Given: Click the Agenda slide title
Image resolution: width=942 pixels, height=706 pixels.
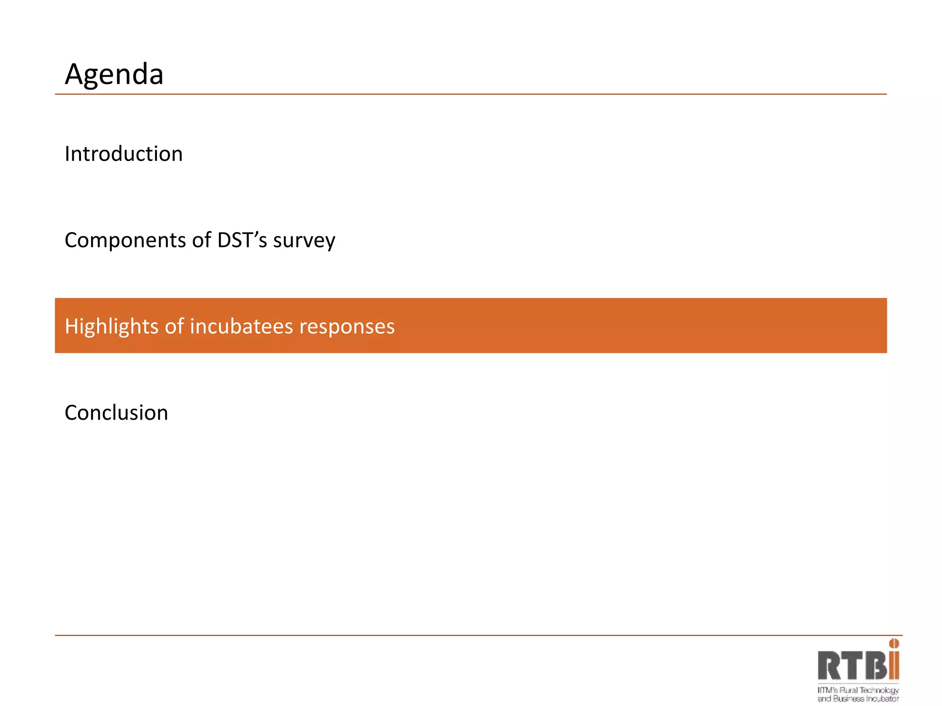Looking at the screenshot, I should click(114, 74).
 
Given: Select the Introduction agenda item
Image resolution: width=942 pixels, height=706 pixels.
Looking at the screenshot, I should click(124, 154).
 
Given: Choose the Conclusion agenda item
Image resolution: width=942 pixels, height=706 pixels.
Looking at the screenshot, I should click(116, 413).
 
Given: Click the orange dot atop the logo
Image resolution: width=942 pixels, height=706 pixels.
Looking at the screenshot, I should click(894, 643).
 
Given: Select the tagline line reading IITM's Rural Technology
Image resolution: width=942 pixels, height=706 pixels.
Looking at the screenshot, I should click(858, 690).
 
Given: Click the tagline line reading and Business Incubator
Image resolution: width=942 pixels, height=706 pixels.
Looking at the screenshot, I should click(858, 699).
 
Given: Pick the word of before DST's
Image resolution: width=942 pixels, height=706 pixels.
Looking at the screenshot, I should click(201, 240).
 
